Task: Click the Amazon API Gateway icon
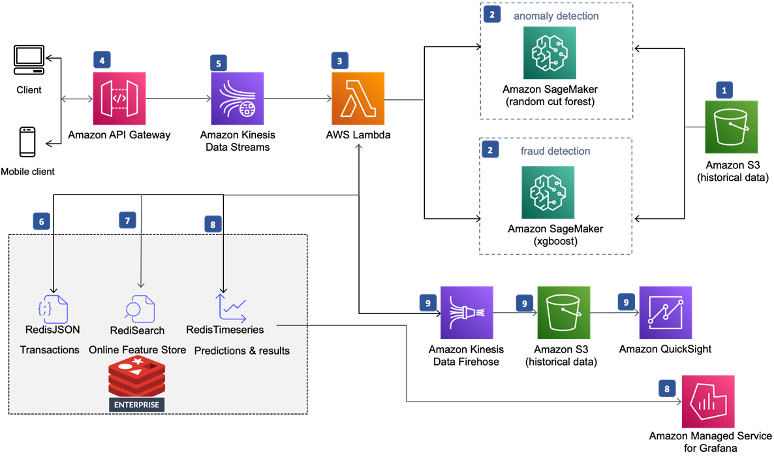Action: tap(119, 98)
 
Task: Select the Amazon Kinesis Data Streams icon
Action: tap(237, 98)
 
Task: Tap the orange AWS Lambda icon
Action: tap(358, 98)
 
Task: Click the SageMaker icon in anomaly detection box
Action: tap(550, 53)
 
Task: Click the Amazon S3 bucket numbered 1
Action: tap(731, 127)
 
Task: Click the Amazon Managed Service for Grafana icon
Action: tap(708, 401)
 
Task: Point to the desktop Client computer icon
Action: tap(29, 61)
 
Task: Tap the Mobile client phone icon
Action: tap(27, 142)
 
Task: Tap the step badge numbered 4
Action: tap(101, 60)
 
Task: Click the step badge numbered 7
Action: tap(128, 220)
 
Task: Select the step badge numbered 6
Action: tap(42, 221)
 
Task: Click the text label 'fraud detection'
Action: tap(555, 151)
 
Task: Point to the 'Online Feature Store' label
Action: tap(137, 350)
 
